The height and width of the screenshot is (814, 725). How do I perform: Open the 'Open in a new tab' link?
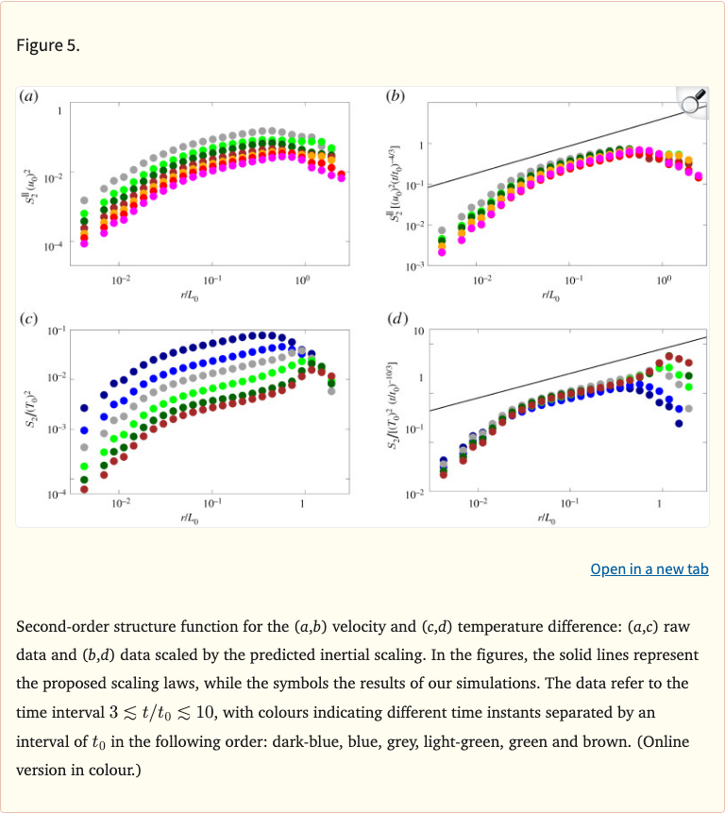click(x=649, y=568)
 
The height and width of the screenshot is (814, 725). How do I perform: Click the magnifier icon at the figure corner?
click(x=693, y=101)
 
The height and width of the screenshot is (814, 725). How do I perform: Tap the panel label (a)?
click(x=29, y=95)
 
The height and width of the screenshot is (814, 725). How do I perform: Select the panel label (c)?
click(x=29, y=319)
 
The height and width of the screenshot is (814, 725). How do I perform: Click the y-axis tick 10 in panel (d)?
click(x=419, y=330)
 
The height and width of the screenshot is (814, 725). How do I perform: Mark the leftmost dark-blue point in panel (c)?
click(x=84, y=408)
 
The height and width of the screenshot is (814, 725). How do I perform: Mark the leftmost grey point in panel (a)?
click(x=84, y=200)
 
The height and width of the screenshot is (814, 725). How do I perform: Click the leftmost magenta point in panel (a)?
click(x=84, y=243)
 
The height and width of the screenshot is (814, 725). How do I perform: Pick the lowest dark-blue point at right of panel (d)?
click(x=679, y=423)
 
